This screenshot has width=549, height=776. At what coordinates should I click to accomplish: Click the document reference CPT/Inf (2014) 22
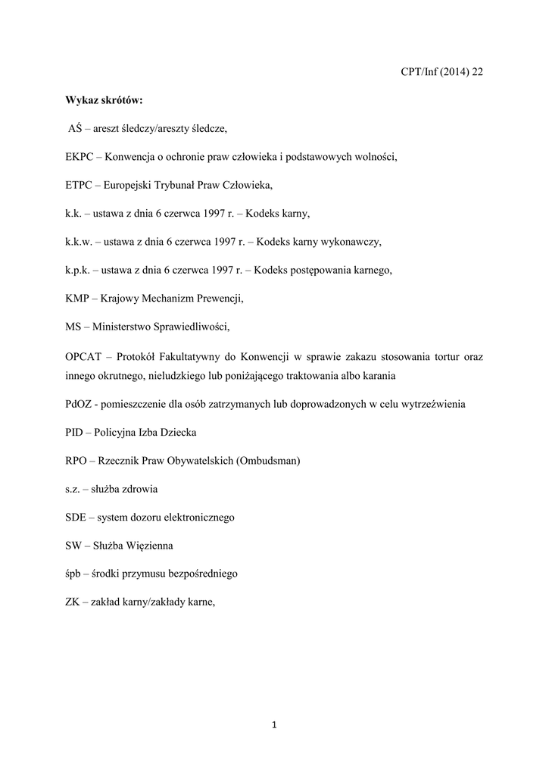point(441,72)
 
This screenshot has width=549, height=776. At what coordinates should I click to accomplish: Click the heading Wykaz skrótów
point(98,100)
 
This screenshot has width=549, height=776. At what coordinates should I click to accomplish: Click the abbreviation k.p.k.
point(78,271)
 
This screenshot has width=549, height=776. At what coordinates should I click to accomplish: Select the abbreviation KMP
point(77,299)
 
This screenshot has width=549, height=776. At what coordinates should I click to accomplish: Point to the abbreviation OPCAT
point(83,356)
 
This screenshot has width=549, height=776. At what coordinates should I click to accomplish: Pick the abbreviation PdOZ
point(79,404)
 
